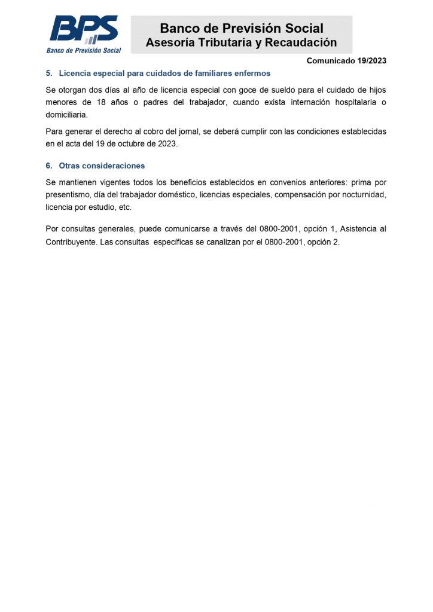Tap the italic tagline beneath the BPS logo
84,50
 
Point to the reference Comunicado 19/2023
346,60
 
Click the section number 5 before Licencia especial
48,74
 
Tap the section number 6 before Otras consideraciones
48,166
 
